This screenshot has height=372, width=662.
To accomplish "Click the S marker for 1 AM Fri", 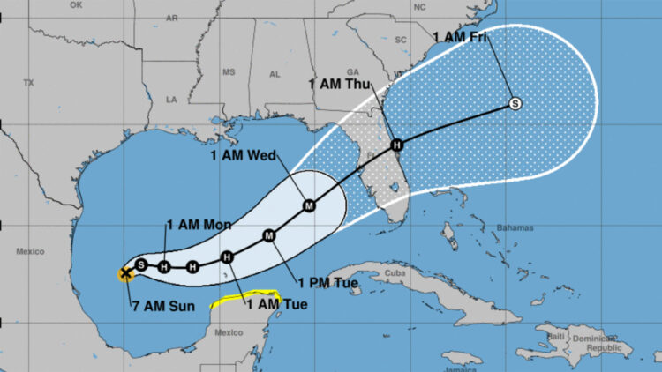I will point(515,104).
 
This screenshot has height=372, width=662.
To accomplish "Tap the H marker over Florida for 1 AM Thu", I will point(397,145).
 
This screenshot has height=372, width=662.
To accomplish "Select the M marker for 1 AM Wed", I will point(309,205).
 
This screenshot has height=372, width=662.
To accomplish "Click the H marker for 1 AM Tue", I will point(227,257).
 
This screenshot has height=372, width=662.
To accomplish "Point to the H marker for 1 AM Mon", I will point(164,265).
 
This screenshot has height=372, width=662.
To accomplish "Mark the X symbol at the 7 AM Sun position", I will point(125,273).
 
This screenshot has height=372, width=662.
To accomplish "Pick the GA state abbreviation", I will point(353,72).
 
